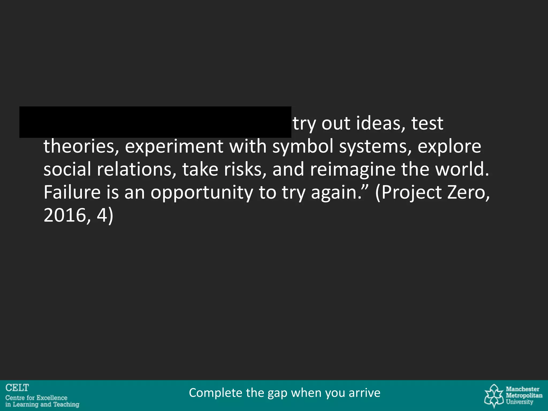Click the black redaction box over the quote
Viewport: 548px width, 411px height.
click(x=155, y=122)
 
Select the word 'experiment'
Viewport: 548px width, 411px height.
click(x=174, y=146)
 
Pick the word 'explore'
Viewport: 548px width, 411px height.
click(x=449, y=146)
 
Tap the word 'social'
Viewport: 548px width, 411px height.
click(x=67, y=169)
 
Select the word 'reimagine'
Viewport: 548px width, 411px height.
click(x=352, y=169)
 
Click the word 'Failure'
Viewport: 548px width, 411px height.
click(x=72, y=192)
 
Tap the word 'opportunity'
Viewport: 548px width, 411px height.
click(x=201, y=192)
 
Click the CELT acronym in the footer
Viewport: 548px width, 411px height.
click(x=17, y=388)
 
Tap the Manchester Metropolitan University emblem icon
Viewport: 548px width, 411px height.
click(x=494, y=395)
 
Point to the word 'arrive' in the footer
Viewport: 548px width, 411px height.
click(x=364, y=393)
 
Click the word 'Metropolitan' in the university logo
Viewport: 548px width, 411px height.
click(x=524, y=395)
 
